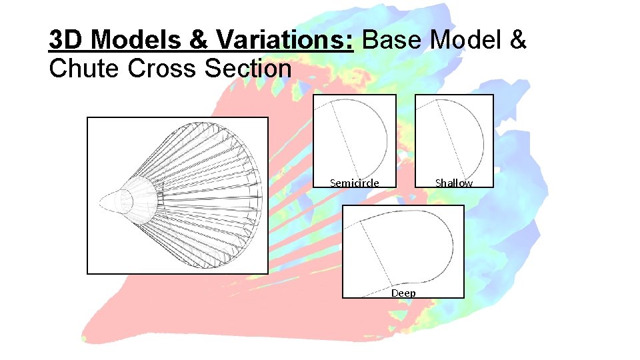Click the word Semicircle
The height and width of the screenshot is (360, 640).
[355, 183]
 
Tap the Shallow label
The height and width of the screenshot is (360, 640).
[454, 183]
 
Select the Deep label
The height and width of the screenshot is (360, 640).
[403, 293]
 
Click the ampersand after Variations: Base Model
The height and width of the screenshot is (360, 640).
[517, 40]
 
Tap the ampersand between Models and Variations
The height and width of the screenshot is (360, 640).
[198, 40]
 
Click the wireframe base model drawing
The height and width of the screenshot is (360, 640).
[177, 195]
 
